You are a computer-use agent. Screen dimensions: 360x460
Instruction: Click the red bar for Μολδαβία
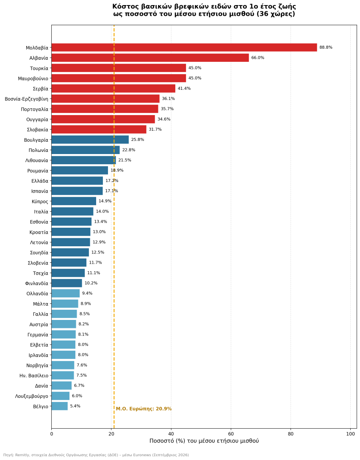[184, 47]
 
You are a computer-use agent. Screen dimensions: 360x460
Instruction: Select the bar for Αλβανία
[150, 58]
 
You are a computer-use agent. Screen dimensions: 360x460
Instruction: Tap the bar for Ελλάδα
[77, 181]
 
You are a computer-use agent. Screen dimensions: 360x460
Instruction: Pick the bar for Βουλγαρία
[90, 140]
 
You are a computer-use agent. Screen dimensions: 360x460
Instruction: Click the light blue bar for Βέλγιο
[60, 406]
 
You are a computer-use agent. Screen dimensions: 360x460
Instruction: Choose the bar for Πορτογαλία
[105, 109]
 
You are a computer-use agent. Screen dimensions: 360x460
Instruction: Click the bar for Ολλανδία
[66, 293]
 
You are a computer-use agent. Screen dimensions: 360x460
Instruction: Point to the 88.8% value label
[326, 47]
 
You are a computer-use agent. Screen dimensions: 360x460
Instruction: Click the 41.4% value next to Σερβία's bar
[184, 88]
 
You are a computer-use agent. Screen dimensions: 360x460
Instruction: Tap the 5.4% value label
[75, 406]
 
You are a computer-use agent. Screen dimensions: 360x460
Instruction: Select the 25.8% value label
[138, 140]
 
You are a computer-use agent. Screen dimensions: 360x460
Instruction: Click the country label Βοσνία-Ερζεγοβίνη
[26, 99]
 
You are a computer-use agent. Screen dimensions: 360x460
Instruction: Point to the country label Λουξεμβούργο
[32, 396]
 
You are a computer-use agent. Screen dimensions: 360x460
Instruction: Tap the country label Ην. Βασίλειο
[34, 375]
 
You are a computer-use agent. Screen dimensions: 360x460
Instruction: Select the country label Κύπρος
[40, 201]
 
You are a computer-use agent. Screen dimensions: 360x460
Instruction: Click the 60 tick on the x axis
[231, 434]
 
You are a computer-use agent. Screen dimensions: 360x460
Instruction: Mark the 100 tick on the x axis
[350, 434]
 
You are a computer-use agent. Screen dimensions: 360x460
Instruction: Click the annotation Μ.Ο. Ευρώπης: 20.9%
[144, 409]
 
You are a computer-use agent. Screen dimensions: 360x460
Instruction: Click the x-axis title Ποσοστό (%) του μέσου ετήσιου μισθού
[204, 441]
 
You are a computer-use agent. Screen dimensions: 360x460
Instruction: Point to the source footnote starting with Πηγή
[96, 455]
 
